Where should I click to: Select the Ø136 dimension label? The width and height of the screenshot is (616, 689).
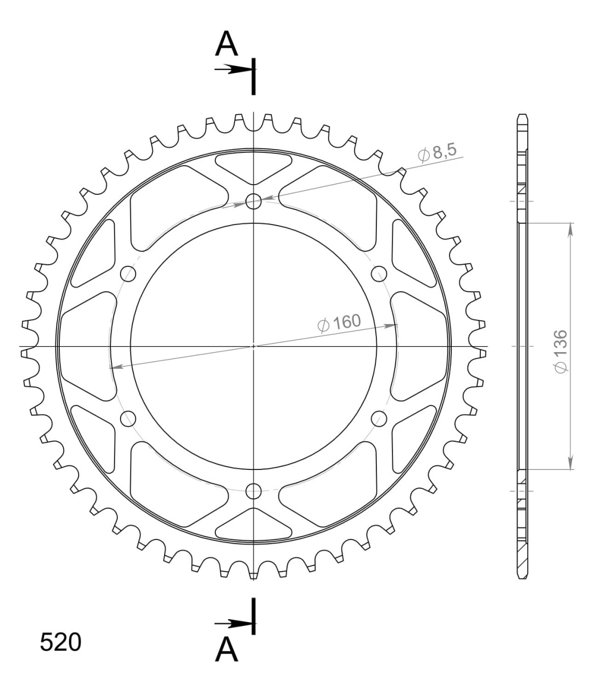tap(561, 351)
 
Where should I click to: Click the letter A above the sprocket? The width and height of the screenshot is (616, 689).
tap(226, 44)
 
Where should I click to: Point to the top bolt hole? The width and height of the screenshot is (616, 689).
tap(254, 201)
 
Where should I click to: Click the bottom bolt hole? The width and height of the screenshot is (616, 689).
tap(254, 491)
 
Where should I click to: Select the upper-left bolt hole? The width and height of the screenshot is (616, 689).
tap(128, 273)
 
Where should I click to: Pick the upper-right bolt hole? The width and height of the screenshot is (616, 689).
tap(379, 273)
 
